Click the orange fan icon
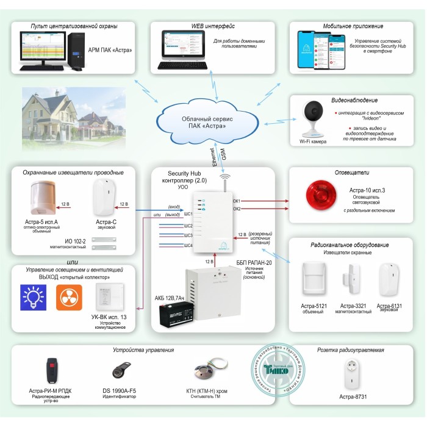coord(69,296)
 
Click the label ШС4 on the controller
coord(188,245)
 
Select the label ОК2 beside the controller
coord(236,209)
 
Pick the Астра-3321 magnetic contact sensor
coord(356,280)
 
